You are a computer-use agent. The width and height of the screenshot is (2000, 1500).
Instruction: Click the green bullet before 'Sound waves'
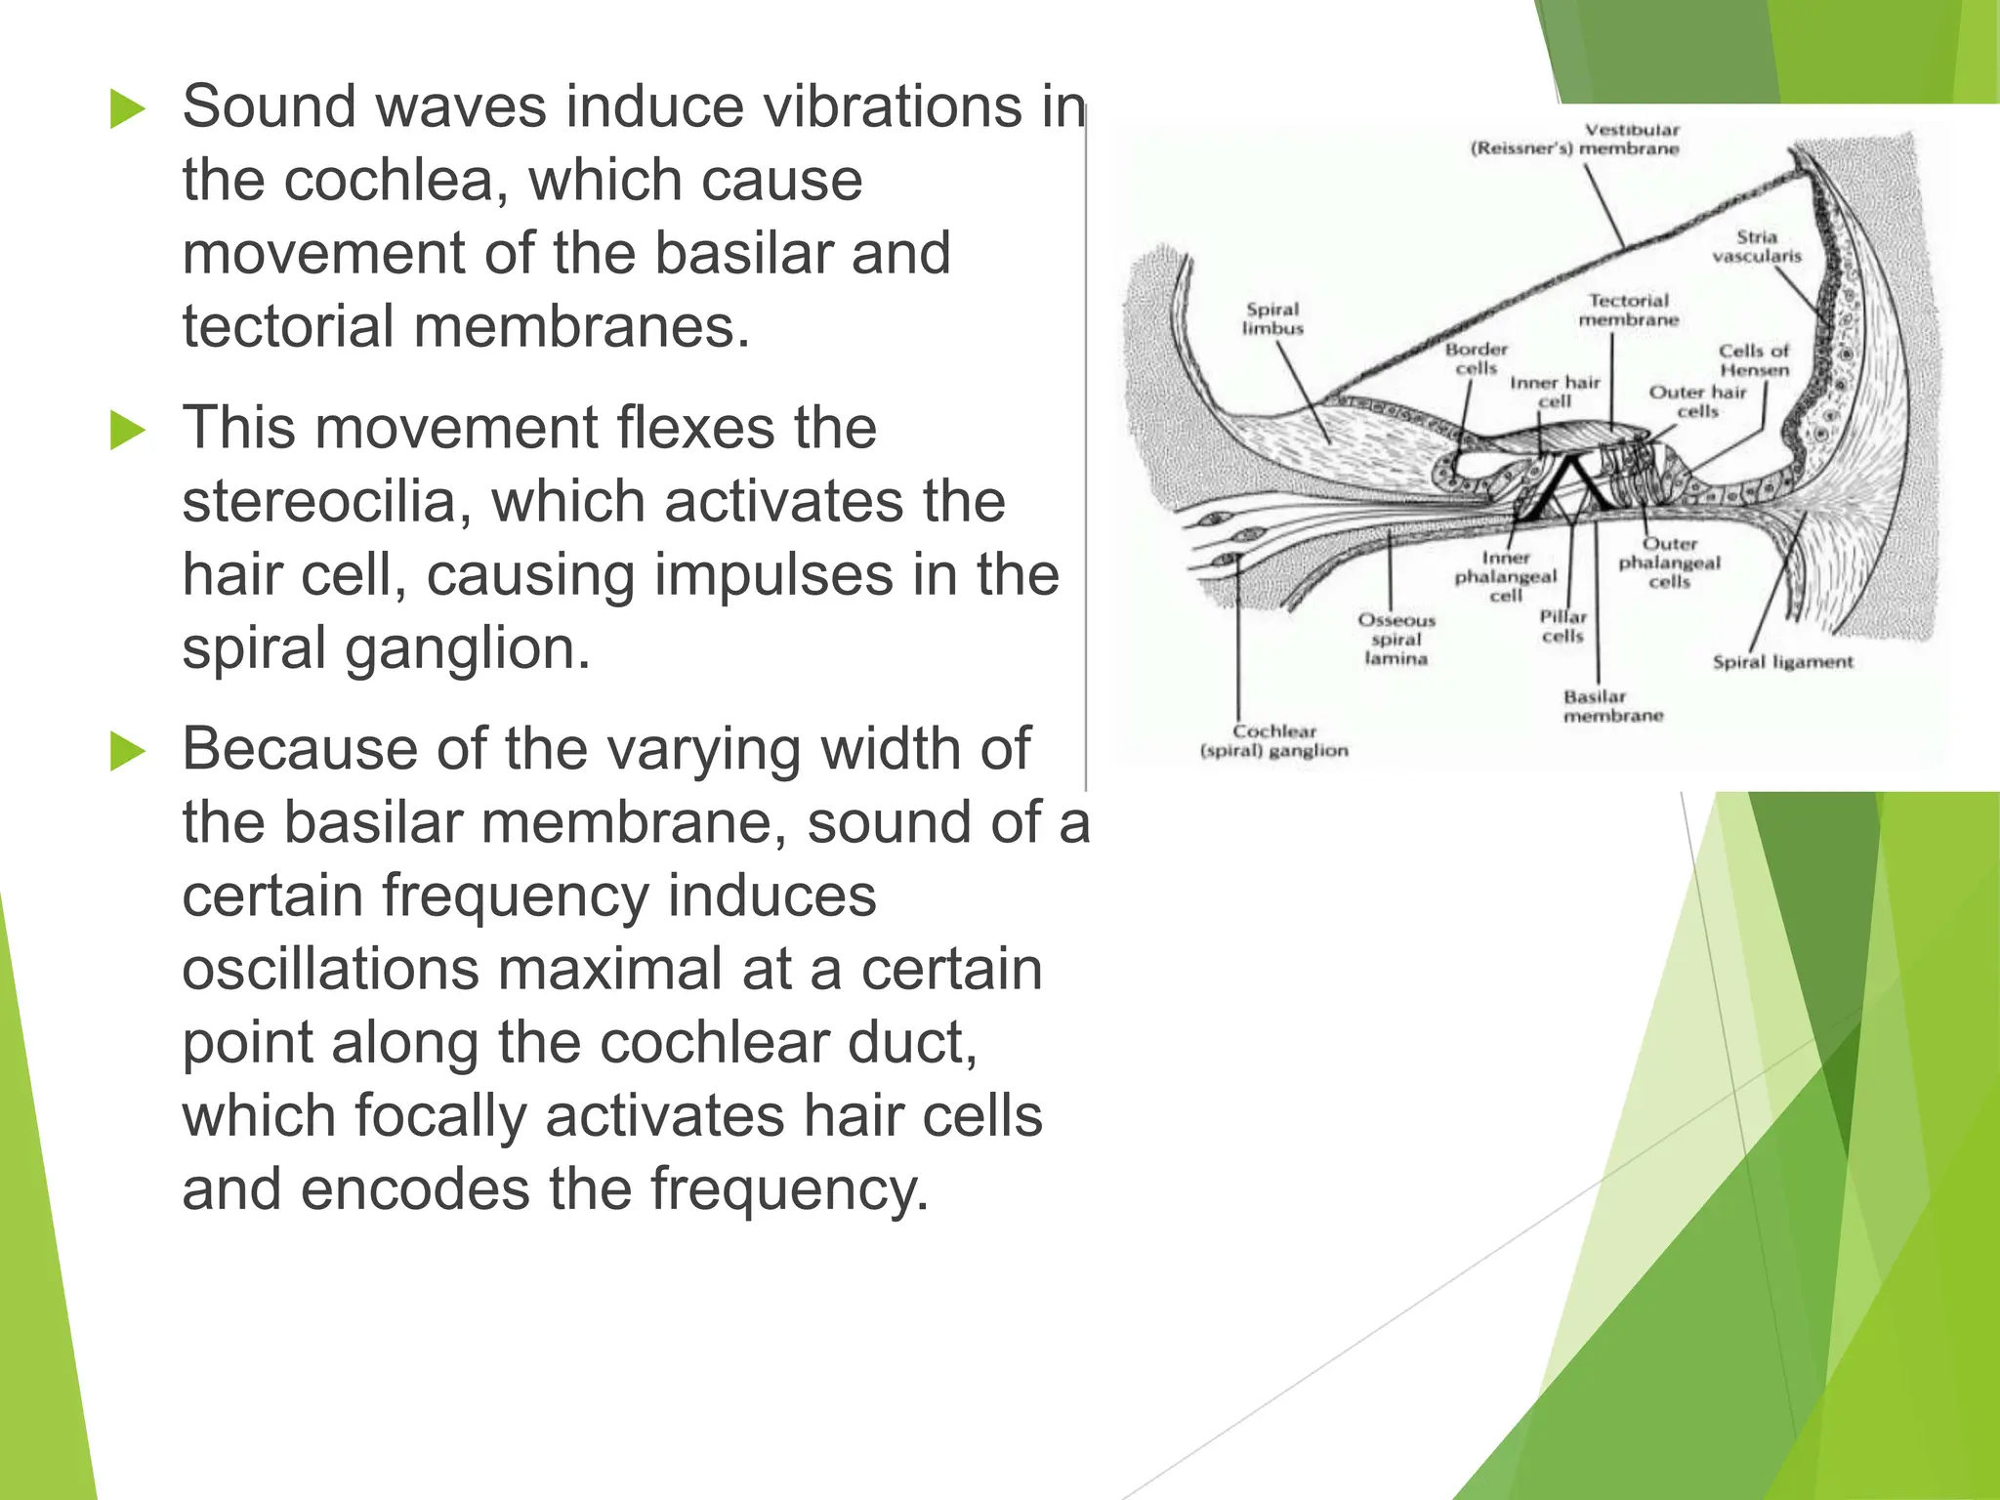tap(128, 108)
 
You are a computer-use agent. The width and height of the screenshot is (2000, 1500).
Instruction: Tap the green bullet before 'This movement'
tap(128, 430)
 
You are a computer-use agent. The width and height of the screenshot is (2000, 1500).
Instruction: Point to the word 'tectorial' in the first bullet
tap(288, 326)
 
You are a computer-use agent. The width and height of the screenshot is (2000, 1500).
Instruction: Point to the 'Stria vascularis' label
tap(1756, 246)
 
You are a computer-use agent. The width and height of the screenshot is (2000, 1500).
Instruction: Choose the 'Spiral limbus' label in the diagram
tap(1272, 318)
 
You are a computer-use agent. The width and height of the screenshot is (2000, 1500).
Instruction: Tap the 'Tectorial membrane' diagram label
tap(1628, 310)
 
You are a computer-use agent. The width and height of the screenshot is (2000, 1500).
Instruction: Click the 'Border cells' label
tap(1477, 358)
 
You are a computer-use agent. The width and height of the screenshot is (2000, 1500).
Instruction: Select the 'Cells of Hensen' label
tap(1754, 359)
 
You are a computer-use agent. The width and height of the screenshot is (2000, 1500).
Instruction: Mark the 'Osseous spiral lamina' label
tap(1396, 639)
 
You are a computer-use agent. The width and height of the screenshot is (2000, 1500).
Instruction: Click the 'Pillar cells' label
tap(1563, 626)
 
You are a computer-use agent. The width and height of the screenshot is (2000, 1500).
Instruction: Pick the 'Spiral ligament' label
tap(1782, 662)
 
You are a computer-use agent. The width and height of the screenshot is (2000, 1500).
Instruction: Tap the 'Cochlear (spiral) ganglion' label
tap(1274, 740)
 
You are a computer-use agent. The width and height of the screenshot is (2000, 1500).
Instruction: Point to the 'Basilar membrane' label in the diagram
tap(1612, 706)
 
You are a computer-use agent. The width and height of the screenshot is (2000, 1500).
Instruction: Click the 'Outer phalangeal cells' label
tap(1670, 562)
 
